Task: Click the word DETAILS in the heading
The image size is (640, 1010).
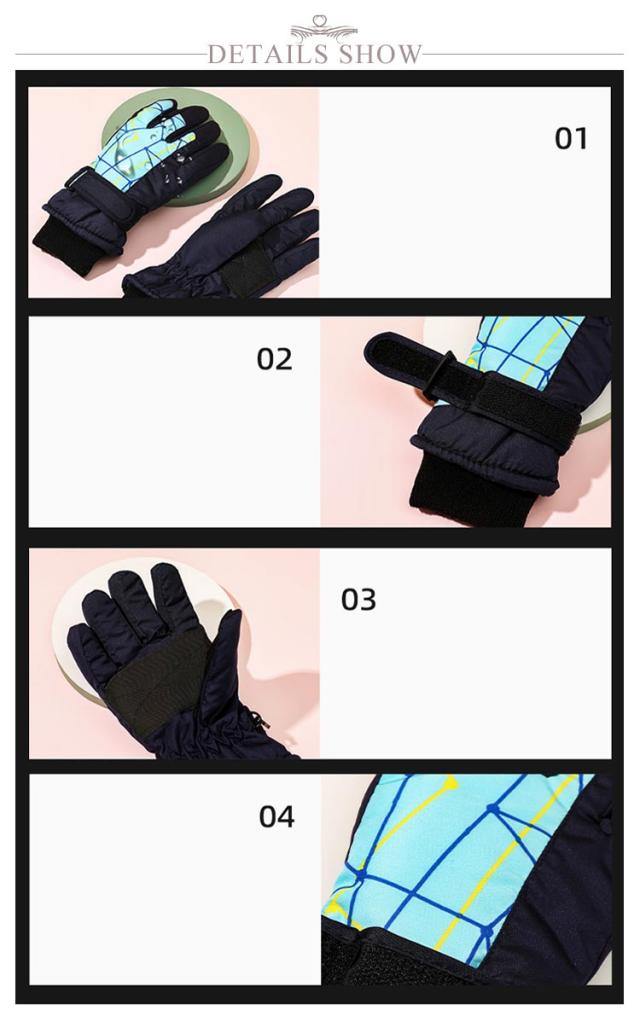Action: pyautogui.click(x=270, y=54)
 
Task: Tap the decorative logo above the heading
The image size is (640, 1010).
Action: pyautogui.click(x=323, y=28)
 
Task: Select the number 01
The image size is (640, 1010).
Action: pyautogui.click(x=571, y=138)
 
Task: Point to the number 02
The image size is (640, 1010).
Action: pyautogui.click(x=274, y=359)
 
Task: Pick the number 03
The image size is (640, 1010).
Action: pyautogui.click(x=359, y=599)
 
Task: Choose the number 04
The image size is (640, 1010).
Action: pyautogui.click(x=277, y=816)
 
